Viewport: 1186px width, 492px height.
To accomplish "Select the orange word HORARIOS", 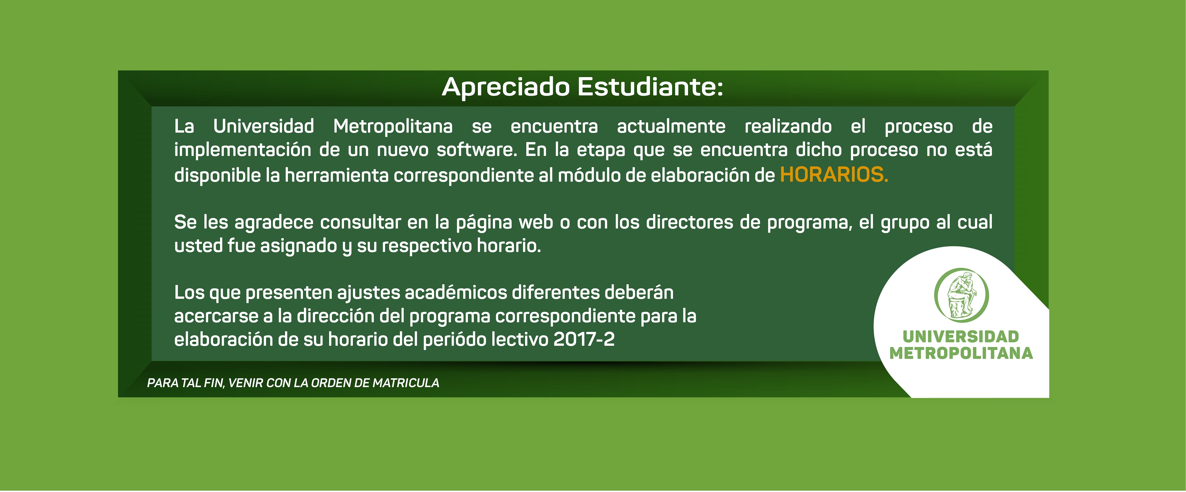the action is [x=834, y=175].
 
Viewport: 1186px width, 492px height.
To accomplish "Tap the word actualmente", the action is [x=671, y=126].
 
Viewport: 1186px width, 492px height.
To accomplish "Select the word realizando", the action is [x=788, y=126].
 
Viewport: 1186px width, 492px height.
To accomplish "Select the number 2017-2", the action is [x=584, y=340].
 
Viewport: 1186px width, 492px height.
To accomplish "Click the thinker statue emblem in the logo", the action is [x=961, y=295].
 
